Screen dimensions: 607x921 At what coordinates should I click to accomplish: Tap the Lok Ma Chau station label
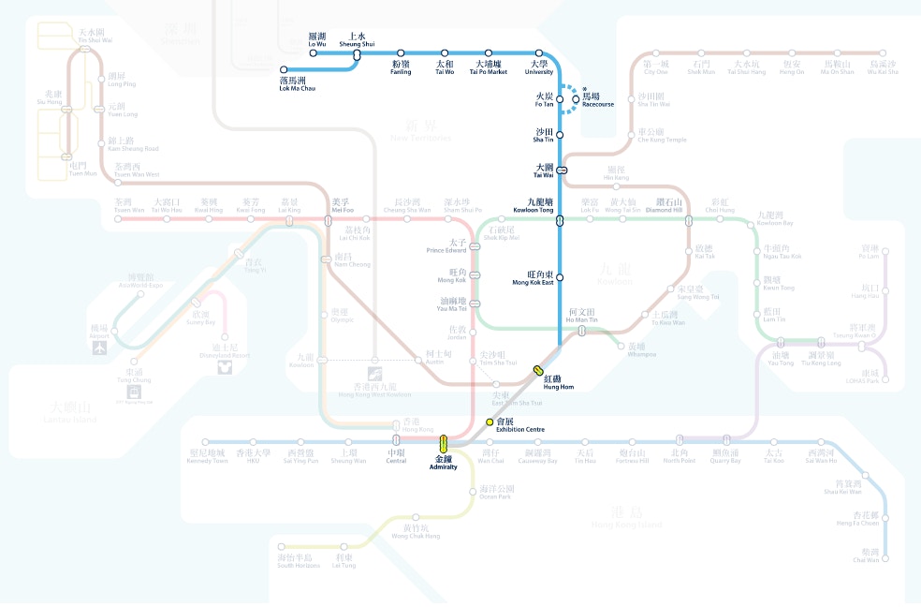point(297,84)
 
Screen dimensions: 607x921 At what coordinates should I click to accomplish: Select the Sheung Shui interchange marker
point(357,55)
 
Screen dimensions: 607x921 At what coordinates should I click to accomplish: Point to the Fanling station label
point(401,68)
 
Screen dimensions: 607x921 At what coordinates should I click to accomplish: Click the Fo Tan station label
point(546,99)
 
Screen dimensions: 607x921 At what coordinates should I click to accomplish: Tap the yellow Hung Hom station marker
point(539,370)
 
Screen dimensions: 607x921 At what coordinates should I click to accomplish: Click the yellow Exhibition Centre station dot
point(489,422)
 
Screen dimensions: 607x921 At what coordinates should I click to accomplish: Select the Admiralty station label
point(444,463)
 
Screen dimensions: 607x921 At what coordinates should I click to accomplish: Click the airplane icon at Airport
point(99,348)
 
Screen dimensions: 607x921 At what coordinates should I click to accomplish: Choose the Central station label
point(396,457)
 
